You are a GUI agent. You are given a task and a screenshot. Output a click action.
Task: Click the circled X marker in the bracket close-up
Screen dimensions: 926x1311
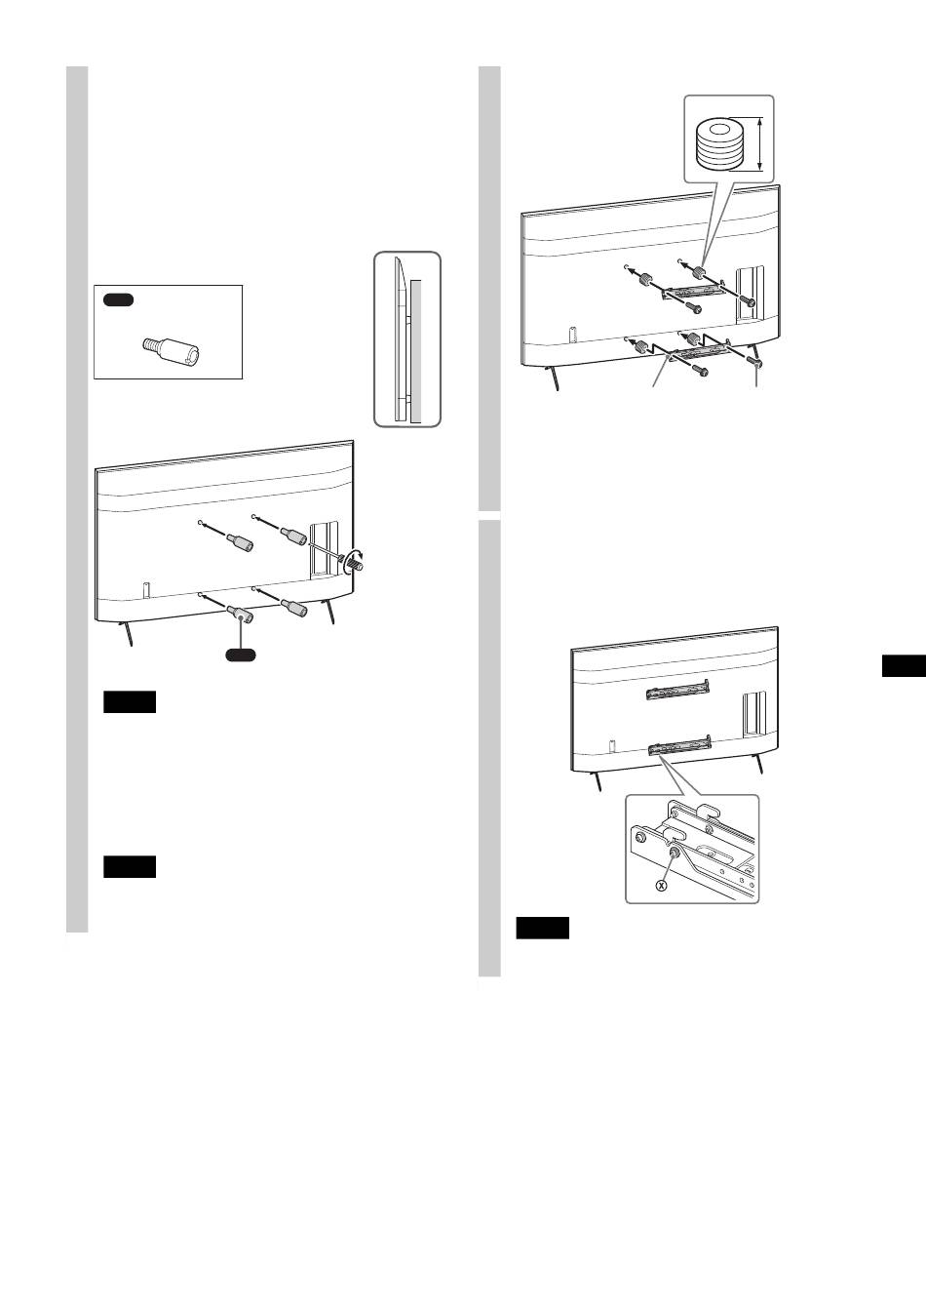coord(661,886)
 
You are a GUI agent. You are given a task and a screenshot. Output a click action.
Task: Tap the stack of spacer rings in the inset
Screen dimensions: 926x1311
coord(717,144)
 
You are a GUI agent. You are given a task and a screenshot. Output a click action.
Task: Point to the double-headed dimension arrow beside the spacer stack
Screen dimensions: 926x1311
coord(759,144)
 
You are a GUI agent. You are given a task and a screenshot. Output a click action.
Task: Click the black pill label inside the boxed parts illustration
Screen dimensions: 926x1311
coord(119,300)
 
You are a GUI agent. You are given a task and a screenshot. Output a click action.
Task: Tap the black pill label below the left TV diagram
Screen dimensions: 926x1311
coord(241,655)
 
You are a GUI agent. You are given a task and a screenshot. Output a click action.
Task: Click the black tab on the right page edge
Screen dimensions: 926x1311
coord(904,666)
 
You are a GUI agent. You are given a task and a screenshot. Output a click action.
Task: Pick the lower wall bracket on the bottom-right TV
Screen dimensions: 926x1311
coord(679,746)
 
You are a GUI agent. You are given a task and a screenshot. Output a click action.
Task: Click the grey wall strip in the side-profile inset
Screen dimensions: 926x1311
coord(415,351)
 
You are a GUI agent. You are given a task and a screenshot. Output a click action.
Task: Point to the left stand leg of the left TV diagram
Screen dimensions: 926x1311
coord(127,634)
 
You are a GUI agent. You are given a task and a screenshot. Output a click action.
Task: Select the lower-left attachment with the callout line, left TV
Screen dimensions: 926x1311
coord(240,615)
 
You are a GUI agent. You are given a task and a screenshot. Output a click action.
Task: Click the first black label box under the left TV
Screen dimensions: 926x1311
coord(130,701)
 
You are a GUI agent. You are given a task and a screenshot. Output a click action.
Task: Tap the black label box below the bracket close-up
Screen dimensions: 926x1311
coord(542,929)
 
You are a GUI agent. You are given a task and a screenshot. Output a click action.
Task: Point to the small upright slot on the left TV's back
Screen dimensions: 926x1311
coord(146,589)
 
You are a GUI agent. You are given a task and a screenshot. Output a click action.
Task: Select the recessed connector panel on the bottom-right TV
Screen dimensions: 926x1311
coord(754,714)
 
